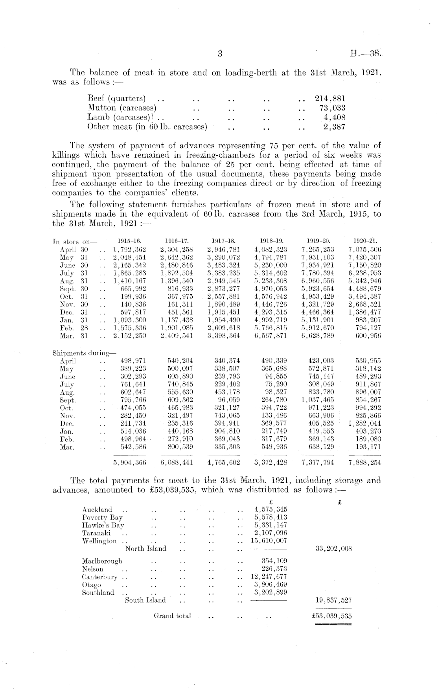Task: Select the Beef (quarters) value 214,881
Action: coord(330,98)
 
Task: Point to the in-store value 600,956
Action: coord(368,336)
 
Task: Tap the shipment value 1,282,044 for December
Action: coord(364,424)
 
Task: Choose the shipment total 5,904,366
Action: coord(129,463)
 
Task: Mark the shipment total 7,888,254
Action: coord(365,463)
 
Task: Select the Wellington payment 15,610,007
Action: coord(269,541)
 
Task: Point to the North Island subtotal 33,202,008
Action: coord(333,549)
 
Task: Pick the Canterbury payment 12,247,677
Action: coord(269,577)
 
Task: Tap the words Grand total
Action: coord(172,616)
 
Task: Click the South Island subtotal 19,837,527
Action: coord(333,600)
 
